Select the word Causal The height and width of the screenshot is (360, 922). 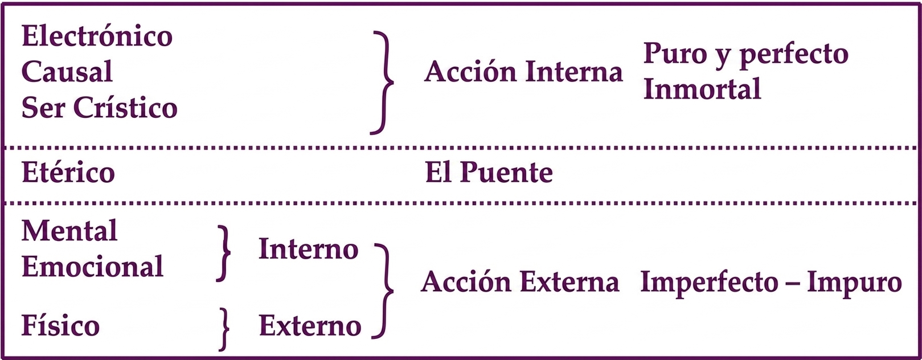(x=67, y=71)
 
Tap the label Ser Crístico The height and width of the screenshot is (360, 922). (x=100, y=108)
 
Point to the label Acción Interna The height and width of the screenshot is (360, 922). (x=523, y=72)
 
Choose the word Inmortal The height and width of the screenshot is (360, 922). (x=702, y=89)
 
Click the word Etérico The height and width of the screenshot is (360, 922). (x=68, y=172)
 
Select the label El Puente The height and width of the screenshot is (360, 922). (x=489, y=172)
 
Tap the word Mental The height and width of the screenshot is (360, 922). (x=69, y=230)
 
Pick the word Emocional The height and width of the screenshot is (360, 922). (x=93, y=266)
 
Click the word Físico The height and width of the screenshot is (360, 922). (x=60, y=325)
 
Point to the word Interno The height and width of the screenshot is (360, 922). (x=309, y=249)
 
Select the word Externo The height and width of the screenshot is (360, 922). (x=310, y=325)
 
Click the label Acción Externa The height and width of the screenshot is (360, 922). (x=520, y=282)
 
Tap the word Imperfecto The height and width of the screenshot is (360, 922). (x=709, y=284)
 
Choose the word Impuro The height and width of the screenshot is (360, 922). (x=854, y=284)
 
